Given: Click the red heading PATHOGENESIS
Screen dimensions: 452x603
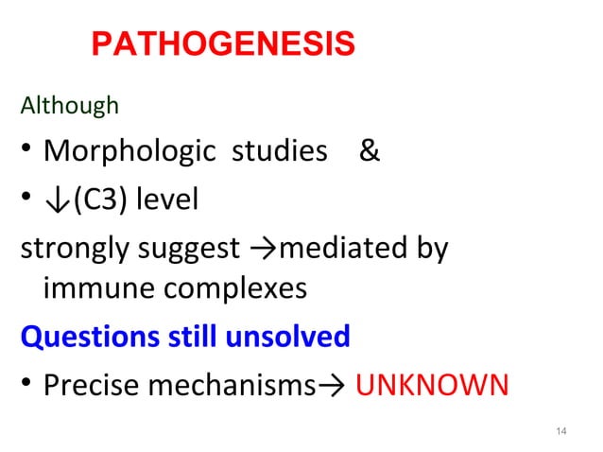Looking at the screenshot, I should pos(223,43).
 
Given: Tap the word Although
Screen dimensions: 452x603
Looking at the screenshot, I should pos(70,105).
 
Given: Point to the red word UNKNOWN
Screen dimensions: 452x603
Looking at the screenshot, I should pos(432,384).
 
